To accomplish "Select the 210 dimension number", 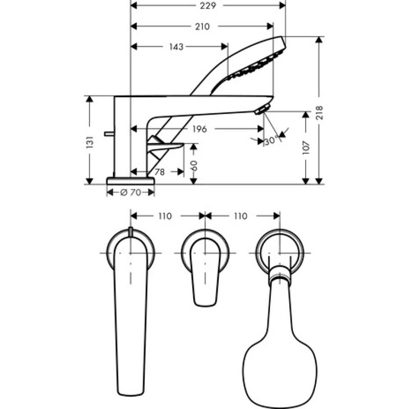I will [202, 27].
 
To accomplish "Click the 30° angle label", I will [270, 141].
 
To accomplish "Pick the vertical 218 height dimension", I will [320, 111].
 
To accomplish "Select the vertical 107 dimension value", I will [306, 147].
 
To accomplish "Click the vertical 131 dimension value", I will [90, 141].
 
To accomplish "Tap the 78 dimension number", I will [160, 172].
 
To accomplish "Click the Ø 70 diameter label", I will [130, 193].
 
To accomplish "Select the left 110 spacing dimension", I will [165, 216].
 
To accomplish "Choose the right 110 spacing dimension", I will [240, 216].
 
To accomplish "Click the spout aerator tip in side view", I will [262, 109].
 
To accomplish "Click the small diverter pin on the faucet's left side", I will [108, 134].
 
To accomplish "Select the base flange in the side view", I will [130, 180].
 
